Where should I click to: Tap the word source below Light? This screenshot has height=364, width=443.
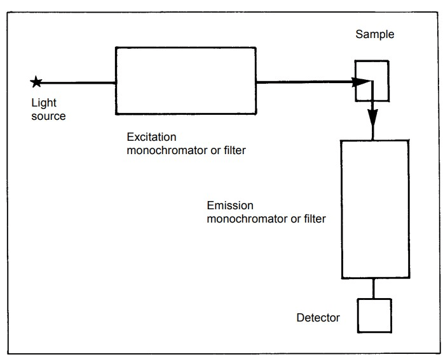48,116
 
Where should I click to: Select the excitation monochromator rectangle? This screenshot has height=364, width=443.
185,81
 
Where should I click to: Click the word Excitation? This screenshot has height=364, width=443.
151,137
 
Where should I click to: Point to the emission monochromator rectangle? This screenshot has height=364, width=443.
374,209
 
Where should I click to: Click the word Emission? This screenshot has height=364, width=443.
229,207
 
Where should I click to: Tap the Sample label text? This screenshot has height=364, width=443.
374,34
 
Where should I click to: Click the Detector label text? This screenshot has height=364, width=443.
318,318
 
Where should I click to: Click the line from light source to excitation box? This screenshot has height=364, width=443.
76,82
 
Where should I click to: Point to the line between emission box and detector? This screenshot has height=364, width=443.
374,288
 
